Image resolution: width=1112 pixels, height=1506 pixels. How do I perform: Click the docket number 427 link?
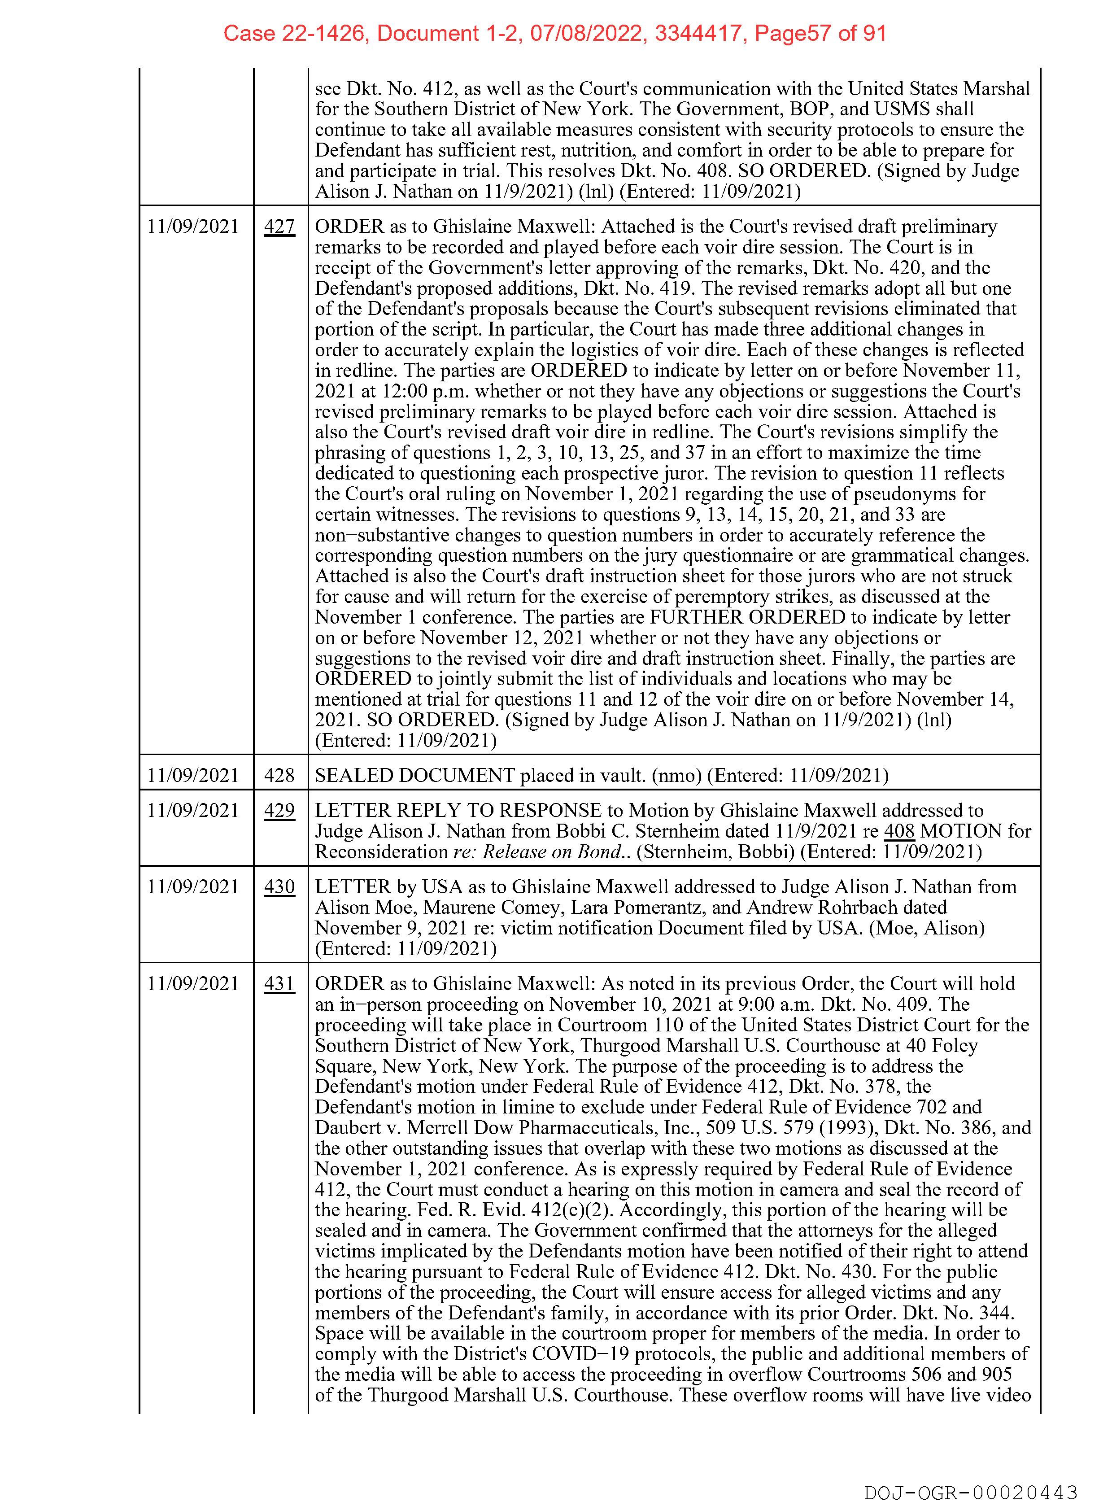coord(279,227)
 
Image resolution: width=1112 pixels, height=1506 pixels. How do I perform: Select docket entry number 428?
coord(279,776)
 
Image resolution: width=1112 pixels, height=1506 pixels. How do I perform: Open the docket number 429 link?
coord(279,811)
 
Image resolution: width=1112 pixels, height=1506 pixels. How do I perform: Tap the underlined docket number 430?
coord(279,887)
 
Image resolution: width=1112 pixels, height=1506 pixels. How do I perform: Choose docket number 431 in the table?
coord(279,984)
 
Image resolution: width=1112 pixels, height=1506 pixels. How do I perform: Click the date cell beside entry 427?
coord(193,227)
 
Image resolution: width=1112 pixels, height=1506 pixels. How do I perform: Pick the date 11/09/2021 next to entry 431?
coord(193,984)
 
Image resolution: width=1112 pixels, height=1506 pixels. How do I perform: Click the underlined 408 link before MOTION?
coord(898,831)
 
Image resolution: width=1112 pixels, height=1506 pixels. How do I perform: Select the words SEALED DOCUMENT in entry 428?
coord(414,776)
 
